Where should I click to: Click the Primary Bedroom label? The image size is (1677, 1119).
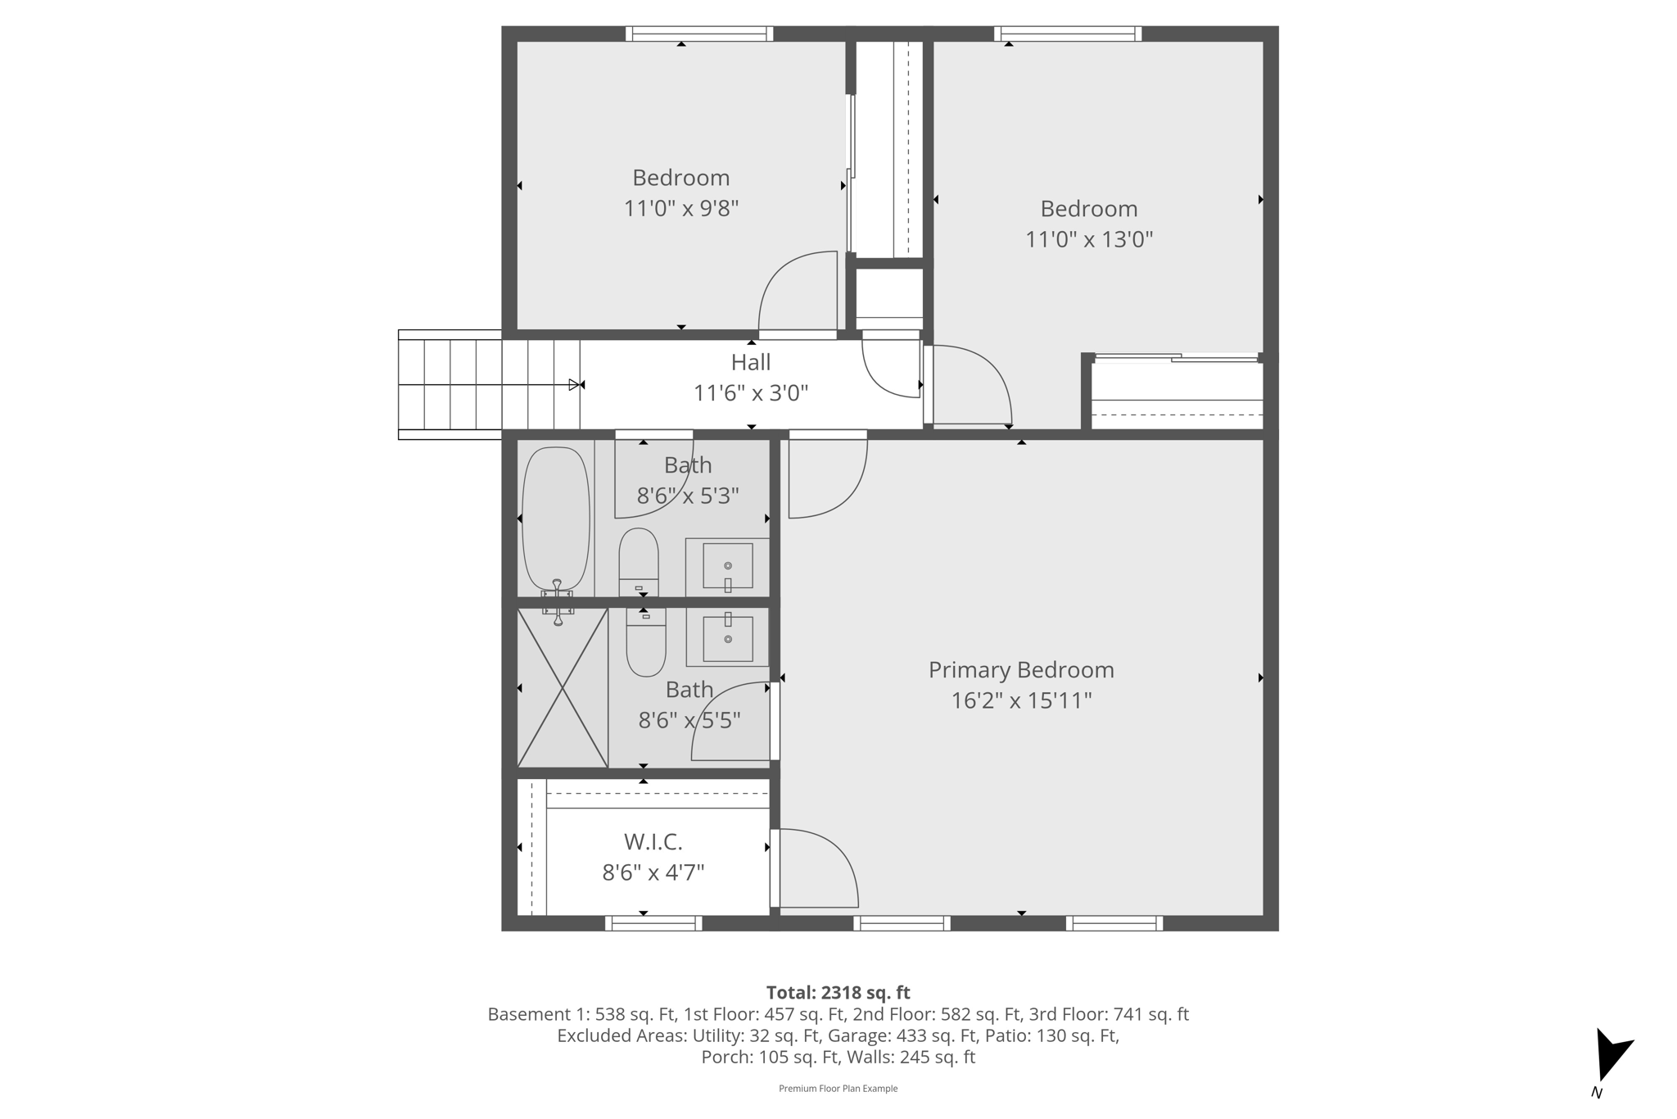1021,670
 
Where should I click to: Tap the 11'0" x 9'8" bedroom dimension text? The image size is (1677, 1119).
681,209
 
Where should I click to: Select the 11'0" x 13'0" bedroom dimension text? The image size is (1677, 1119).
1089,240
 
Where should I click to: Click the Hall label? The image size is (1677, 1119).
751,362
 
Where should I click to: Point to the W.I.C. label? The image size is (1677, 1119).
653,842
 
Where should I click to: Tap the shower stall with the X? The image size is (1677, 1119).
563,687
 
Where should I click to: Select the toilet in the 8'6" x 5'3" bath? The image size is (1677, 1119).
639,562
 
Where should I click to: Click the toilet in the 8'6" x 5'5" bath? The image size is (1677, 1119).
646,644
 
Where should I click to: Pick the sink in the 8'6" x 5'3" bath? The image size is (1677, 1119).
727,566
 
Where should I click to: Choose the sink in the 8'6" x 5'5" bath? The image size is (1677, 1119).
727,638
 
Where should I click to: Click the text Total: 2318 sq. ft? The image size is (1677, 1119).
838,993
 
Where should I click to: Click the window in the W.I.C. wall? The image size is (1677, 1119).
653,923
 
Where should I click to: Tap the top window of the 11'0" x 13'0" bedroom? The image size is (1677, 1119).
1068,34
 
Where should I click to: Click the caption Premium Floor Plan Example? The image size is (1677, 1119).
838,1089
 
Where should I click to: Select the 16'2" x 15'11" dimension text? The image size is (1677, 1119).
1021,701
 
